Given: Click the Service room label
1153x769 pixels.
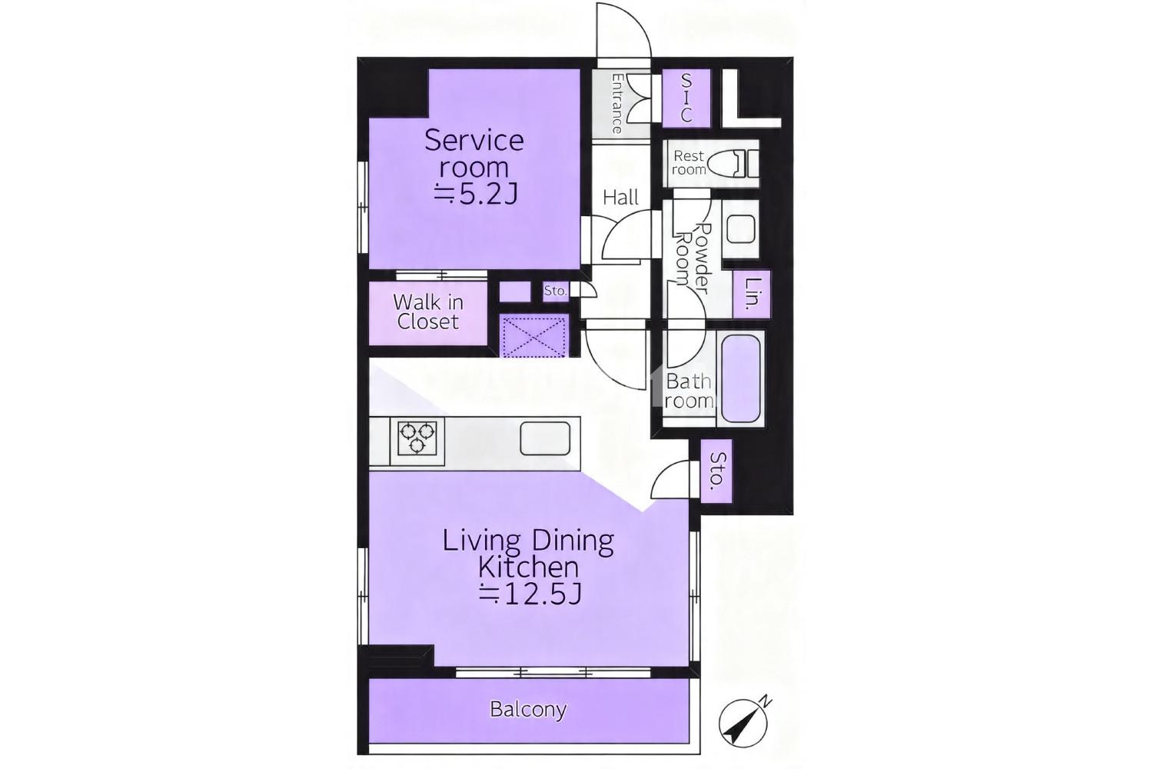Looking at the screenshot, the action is (474, 154).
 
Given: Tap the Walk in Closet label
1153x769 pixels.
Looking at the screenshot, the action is (427, 312).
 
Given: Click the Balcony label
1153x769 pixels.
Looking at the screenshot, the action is (528, 709).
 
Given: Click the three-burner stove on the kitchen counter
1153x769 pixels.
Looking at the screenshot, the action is (417, 438).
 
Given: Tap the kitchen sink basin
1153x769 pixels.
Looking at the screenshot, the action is (544, 438).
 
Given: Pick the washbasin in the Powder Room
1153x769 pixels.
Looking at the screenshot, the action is (740, 230).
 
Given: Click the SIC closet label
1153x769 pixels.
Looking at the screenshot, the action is (686, 98).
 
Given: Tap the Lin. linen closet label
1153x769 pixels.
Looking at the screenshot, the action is (753, 294).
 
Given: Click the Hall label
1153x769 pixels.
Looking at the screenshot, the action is (621, 198).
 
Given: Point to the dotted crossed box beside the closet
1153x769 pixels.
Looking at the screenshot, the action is (534, 337).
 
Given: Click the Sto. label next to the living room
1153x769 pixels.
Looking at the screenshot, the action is (717, 471).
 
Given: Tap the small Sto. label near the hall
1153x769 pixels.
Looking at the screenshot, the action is (555, 291).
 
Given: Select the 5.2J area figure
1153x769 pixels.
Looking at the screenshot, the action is (475, 195).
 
